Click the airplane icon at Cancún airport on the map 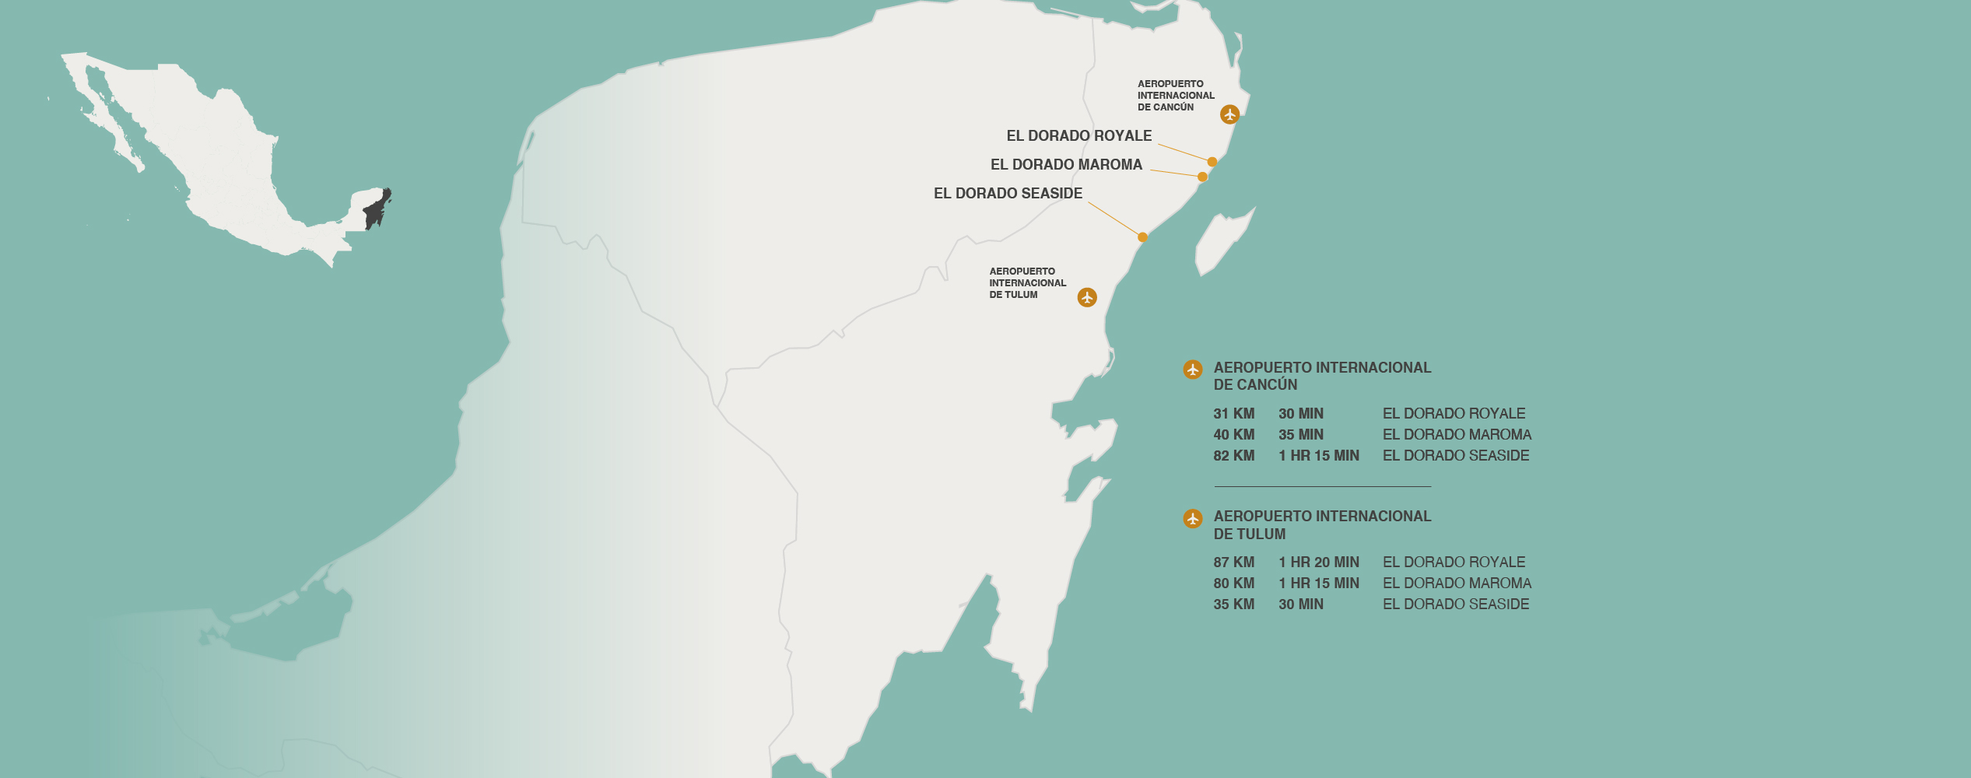[1229, 114]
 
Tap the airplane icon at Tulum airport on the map [1087, 297]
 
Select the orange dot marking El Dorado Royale [1212, 162]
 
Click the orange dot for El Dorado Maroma [1202, 177]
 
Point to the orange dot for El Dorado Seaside [1142, 237]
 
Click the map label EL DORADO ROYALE [1078, 136]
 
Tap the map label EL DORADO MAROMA [1066, 165]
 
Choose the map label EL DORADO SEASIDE [1008, 194]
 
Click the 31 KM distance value [1233, 414]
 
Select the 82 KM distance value [1233, 456]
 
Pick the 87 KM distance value [1233, 562]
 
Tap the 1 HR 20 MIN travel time [1318, 562]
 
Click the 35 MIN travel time [1300, 435]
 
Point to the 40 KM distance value [1233, 435]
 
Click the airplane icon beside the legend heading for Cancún [1193, 370]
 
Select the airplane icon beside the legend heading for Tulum [1193, 518]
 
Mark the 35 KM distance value [1233, 605]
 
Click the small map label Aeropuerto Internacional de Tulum [1027, 283]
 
